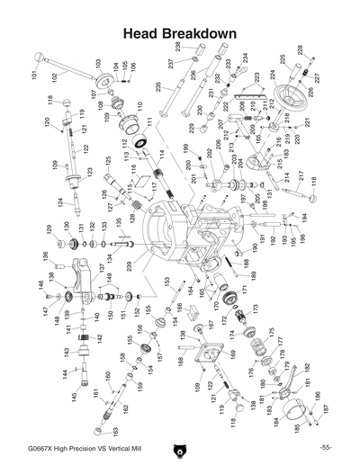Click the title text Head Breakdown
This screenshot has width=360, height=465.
pos(179,34)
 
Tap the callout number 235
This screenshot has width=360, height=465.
pos(159,87)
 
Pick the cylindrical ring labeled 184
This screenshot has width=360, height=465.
pos(291,416)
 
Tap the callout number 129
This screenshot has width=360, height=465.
pos(50,229)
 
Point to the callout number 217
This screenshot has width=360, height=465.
pos(300,175)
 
